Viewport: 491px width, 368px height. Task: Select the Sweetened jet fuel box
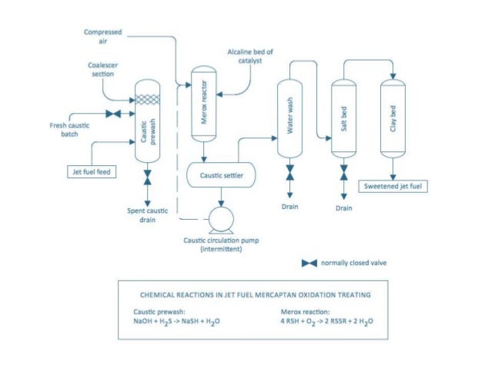coord(393,186)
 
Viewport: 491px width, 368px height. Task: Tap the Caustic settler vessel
coord(222,176)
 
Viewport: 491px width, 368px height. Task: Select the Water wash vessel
coord(289,118)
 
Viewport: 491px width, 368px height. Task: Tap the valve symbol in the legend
coord(309,263)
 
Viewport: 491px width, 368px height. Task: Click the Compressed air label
coord(103,36)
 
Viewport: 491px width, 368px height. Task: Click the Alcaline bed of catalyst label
coord(251,55)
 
